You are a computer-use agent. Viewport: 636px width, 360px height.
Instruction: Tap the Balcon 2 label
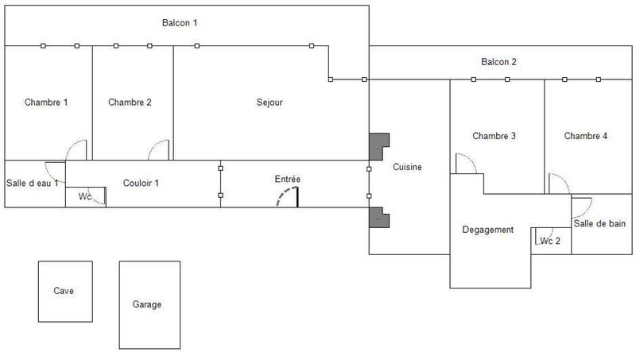[x=499, y=62]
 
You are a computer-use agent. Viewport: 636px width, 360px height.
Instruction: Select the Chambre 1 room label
[x=46, y=103]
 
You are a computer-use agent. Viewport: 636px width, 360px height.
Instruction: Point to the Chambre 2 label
[x=130, y=103]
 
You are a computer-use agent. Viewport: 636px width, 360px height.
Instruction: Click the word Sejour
[x=270, y=103]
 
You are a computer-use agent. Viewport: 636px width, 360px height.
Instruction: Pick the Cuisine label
[x=407, y=168]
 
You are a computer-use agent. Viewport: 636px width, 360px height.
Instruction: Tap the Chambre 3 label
[x=494, y=136]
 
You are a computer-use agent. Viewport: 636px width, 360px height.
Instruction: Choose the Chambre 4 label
[x=586, y=136]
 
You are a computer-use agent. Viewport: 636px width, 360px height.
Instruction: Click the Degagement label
[x=488, y=230]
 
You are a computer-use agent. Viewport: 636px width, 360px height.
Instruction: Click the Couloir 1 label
[x=141, y=183]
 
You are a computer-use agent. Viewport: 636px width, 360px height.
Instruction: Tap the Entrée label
[x=288, y=180]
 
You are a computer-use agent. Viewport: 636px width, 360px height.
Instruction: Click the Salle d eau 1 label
[x=33, y=184]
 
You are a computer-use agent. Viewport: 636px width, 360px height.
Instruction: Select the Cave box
[x=64, y=291]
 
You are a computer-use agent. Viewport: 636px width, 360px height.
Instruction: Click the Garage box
[x=147, y=304]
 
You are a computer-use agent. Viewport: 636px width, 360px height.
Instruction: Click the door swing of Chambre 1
[x=77, y=149]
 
